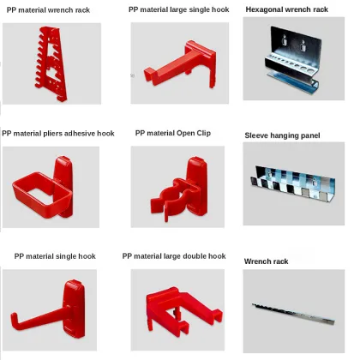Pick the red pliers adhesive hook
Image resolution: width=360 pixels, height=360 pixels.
click(x=45, y=181)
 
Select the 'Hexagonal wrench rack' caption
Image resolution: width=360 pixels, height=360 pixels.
click(x=286, y=10)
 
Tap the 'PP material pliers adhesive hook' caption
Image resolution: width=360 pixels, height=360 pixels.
click(x=57, y=134)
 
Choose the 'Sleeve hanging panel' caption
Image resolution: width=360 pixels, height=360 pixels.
click(x=282, y=135)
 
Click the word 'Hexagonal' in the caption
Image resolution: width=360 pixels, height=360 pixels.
click(x=265, y=10)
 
